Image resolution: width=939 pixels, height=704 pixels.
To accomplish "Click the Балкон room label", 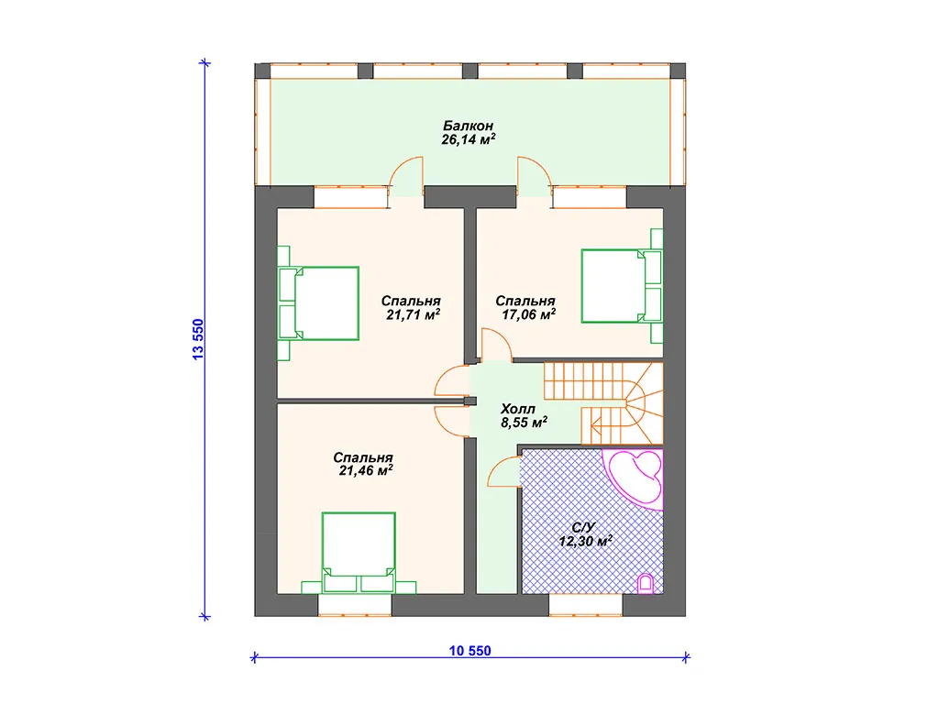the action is pyautogui.click(x=468, y=126).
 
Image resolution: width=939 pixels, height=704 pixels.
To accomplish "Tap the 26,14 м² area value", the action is pyautogui.click(x=468, y=139).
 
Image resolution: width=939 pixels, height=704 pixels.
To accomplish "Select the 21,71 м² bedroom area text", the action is pyautogui.click(x=414, y=315).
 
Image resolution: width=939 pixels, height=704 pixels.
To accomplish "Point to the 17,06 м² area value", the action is pyautogui.click(x=528, y=315).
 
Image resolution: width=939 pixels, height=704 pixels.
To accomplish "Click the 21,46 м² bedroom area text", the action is pyautogui.click(x=365, y=470).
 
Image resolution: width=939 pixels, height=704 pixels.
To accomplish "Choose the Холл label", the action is pyautogui.click(x=518, y=409).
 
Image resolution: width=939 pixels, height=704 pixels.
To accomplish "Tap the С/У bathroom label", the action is pyautogui.click(x=583, y=527).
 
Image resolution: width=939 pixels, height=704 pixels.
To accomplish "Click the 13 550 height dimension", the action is pyautogui.click(x=198, y=339).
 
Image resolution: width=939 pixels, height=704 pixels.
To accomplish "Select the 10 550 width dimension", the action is pyautogui.click(x=470, y=651).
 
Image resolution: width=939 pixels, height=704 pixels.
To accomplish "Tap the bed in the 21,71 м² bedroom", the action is pyautogui.click(x=318, y=303).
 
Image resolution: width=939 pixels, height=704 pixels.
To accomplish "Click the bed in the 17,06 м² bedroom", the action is pyautogui.click(x=623, y=286).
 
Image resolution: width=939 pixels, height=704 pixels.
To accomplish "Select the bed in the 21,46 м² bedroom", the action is pyautogui.click(x=359, y=553).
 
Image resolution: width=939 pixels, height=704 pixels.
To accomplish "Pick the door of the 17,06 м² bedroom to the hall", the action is pyautogui.click(x=496, y=345).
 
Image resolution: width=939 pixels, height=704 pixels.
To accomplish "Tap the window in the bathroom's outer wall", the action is pyautogui.click(x=586, y=605).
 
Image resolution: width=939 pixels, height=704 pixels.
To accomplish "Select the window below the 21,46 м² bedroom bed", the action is pyautogui.click(x=355, y=605).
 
